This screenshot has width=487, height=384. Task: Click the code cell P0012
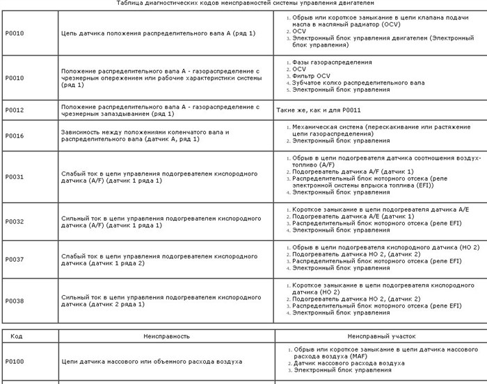coord(14,110)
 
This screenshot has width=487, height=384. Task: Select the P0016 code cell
coord(14,135)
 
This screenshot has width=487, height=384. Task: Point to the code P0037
coord(14,260)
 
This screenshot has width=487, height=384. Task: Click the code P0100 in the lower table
coord(14,362)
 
